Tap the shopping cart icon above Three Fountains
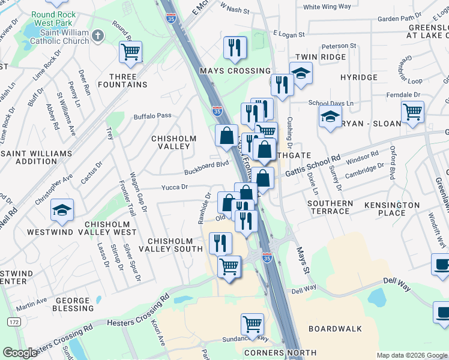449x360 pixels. point(130,52)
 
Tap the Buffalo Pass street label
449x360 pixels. point(152,116)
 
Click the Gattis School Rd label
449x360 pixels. point(313,166)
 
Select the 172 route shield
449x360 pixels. point(13,322)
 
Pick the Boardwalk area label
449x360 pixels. point(335,329)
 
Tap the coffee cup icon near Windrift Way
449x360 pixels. point(442,265)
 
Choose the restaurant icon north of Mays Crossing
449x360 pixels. point(235,48)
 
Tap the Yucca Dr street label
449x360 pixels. point(175,188)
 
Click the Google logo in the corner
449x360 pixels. point(20,353)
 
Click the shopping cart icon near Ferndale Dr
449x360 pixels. point(412,112)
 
